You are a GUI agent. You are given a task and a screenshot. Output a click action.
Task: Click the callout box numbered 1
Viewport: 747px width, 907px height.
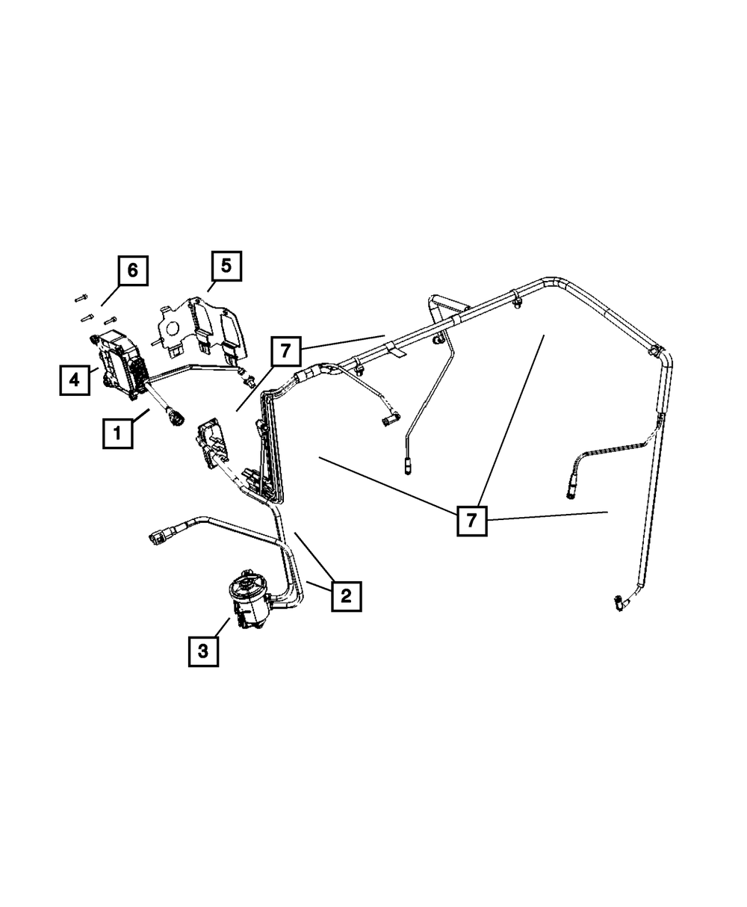(x=118, y=433)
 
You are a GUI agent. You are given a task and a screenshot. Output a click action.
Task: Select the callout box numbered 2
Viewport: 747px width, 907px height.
(x=346, y=595)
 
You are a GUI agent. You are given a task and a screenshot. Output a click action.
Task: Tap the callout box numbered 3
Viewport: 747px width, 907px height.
(x=202, y=651)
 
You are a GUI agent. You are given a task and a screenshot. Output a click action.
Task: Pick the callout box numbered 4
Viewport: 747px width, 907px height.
(x=75, y=380)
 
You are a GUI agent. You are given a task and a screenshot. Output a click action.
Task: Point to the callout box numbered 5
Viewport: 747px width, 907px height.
(x=226, y=265)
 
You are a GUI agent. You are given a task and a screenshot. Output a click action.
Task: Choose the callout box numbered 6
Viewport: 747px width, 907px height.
(x=132, y=270)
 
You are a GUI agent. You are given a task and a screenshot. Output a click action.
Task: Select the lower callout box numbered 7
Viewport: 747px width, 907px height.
(x=471, y=520)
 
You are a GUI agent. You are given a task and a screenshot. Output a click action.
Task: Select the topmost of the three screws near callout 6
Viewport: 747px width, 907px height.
(x=81, y=298)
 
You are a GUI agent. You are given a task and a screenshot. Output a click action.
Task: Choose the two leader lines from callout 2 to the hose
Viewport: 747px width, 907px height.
(x=314, y=568)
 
